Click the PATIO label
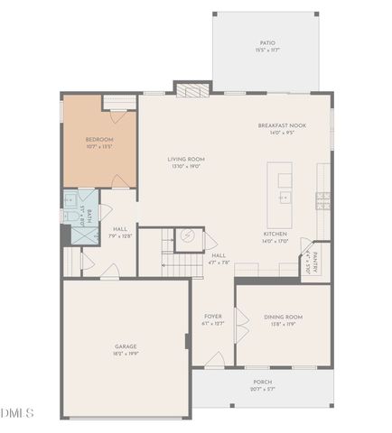coord(266,42)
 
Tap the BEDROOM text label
coord(98,139)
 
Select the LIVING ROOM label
coord(186,159)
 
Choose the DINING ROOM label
coord(283,318)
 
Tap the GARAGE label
coord(125,346)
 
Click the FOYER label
coord(212,317)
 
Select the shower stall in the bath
coord(86,234)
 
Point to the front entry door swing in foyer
coord(215,360)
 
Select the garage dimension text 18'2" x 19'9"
coord(125,354)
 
